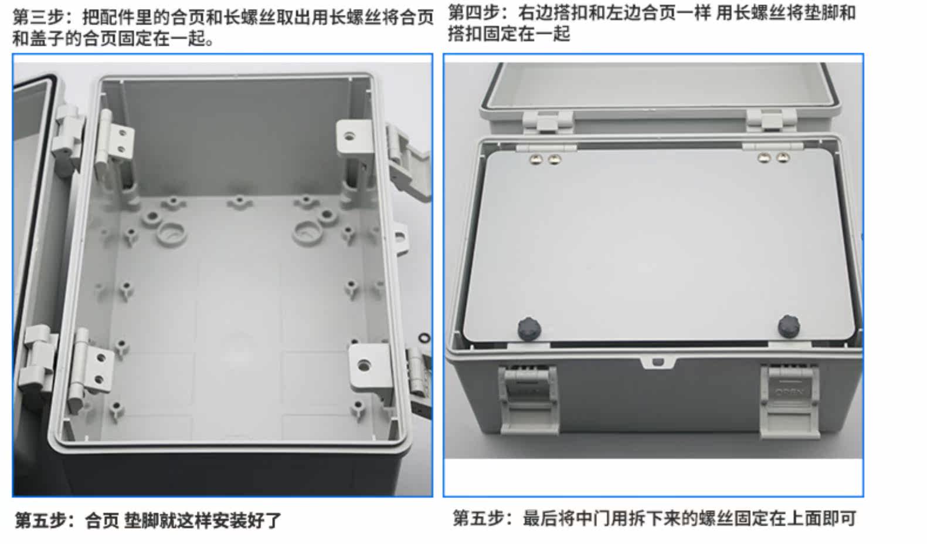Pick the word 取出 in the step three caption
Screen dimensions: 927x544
point(294,18)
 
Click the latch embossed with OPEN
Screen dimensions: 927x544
point(790,401)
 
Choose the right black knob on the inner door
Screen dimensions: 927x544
point(789,326)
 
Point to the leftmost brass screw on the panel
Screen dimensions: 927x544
point(536,159)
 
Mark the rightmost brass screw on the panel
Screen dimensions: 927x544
point(783,157)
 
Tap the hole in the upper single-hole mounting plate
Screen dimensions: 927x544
point(349,136)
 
